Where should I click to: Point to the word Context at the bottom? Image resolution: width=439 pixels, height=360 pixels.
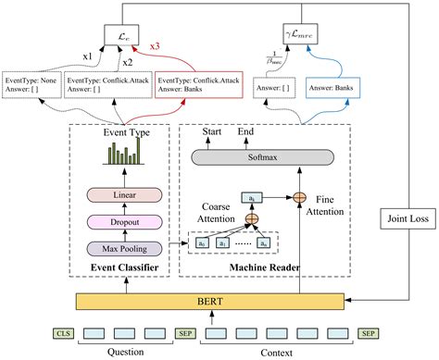click(x=279, y=354)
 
